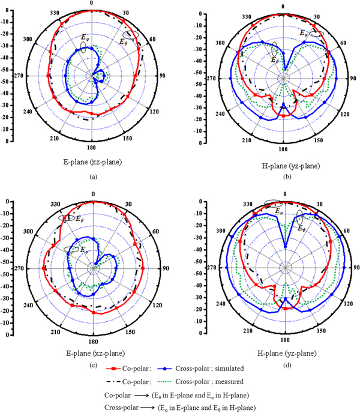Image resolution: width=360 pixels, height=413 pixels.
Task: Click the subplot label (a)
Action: [92, 176]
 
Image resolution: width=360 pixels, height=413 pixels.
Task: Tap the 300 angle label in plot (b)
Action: [221, 43]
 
